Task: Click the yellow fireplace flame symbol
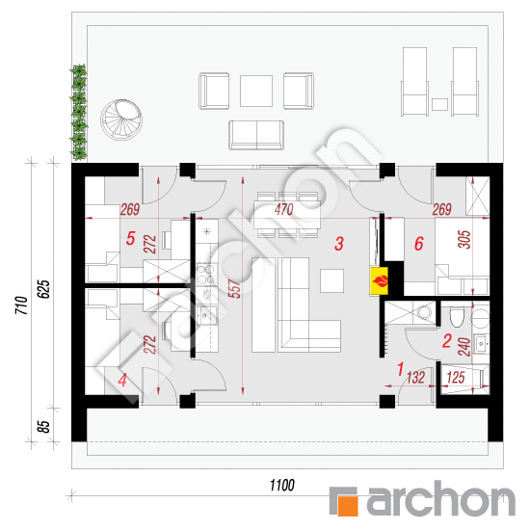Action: [x=380, y=280]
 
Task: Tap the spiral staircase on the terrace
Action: [x=121, y=119]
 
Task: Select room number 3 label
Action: [x=339, y=244]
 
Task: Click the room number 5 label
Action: [x=131, y=238]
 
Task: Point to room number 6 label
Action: [x=419, y=244]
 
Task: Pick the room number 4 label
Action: [x=122, y=380]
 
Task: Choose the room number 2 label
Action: [x=447, y=341]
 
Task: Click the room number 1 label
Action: [x=401, y=369]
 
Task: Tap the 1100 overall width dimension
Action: [x=282, y=486]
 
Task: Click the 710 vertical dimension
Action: [x=21, y=305]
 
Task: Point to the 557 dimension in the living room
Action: [x=234, y=289]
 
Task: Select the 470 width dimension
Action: [x=284, y=209]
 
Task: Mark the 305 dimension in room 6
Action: [x=464, y=239]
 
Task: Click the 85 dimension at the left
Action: [x=43, y=426]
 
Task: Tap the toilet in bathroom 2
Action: [x=457, y=317]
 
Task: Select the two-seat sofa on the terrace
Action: [x=256, y=135]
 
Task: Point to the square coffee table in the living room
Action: [x=331, y=280]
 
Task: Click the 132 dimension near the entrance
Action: [x=415, y=378]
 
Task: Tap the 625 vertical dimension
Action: [x=43, y=289]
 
